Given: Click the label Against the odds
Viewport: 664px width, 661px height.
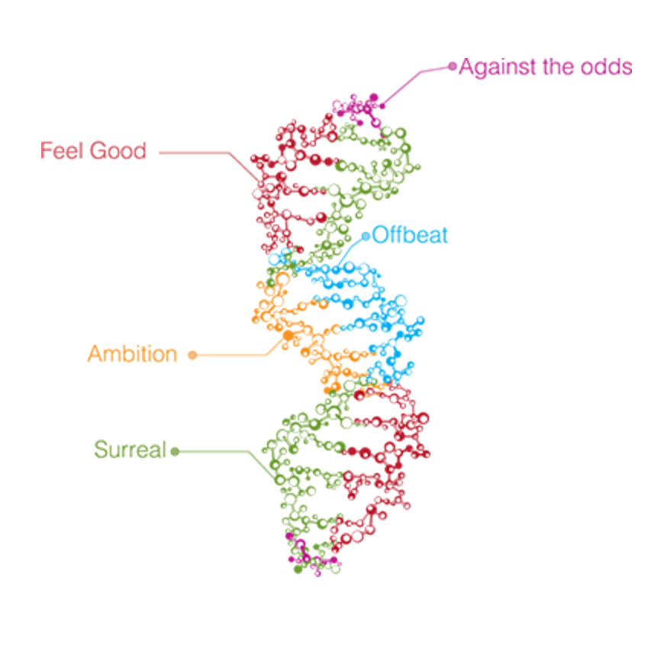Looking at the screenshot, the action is (x=545, y=67).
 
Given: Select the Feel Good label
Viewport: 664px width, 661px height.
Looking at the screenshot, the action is (x=93, y=150).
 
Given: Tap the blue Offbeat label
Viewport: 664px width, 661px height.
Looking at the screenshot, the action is (x=410, y=234).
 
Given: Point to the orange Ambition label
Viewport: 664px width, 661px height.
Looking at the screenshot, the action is (x=132, y=354).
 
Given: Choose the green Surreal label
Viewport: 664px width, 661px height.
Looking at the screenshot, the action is (x=130, y=450).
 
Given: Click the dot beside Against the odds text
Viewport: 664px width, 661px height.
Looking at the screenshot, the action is (x=453, y=66).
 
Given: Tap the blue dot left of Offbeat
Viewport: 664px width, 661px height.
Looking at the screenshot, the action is (x=366, y=237).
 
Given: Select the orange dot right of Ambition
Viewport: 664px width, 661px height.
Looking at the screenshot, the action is (x=192, y=355).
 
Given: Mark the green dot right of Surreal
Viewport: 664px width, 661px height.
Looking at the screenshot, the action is (x=174, y=451).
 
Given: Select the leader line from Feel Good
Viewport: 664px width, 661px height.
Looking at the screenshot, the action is (x=198, y=153).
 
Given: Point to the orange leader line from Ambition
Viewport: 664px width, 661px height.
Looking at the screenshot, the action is (x=229, y=355).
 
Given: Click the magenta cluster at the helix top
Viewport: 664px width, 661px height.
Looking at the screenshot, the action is (x=359, y=107).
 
